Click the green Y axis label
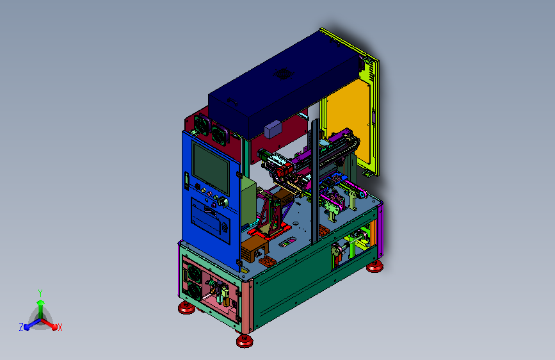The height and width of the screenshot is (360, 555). (40, 293)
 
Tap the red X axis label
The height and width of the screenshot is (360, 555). (60, 327)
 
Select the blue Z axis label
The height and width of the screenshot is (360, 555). (21, 327)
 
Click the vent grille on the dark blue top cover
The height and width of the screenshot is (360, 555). (284, 74)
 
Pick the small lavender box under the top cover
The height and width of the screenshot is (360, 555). (273, 129)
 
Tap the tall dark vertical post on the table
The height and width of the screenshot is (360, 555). (315, 181)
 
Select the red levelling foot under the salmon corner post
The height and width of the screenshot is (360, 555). (245, 341)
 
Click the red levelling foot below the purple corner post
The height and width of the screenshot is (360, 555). (374, 266)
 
